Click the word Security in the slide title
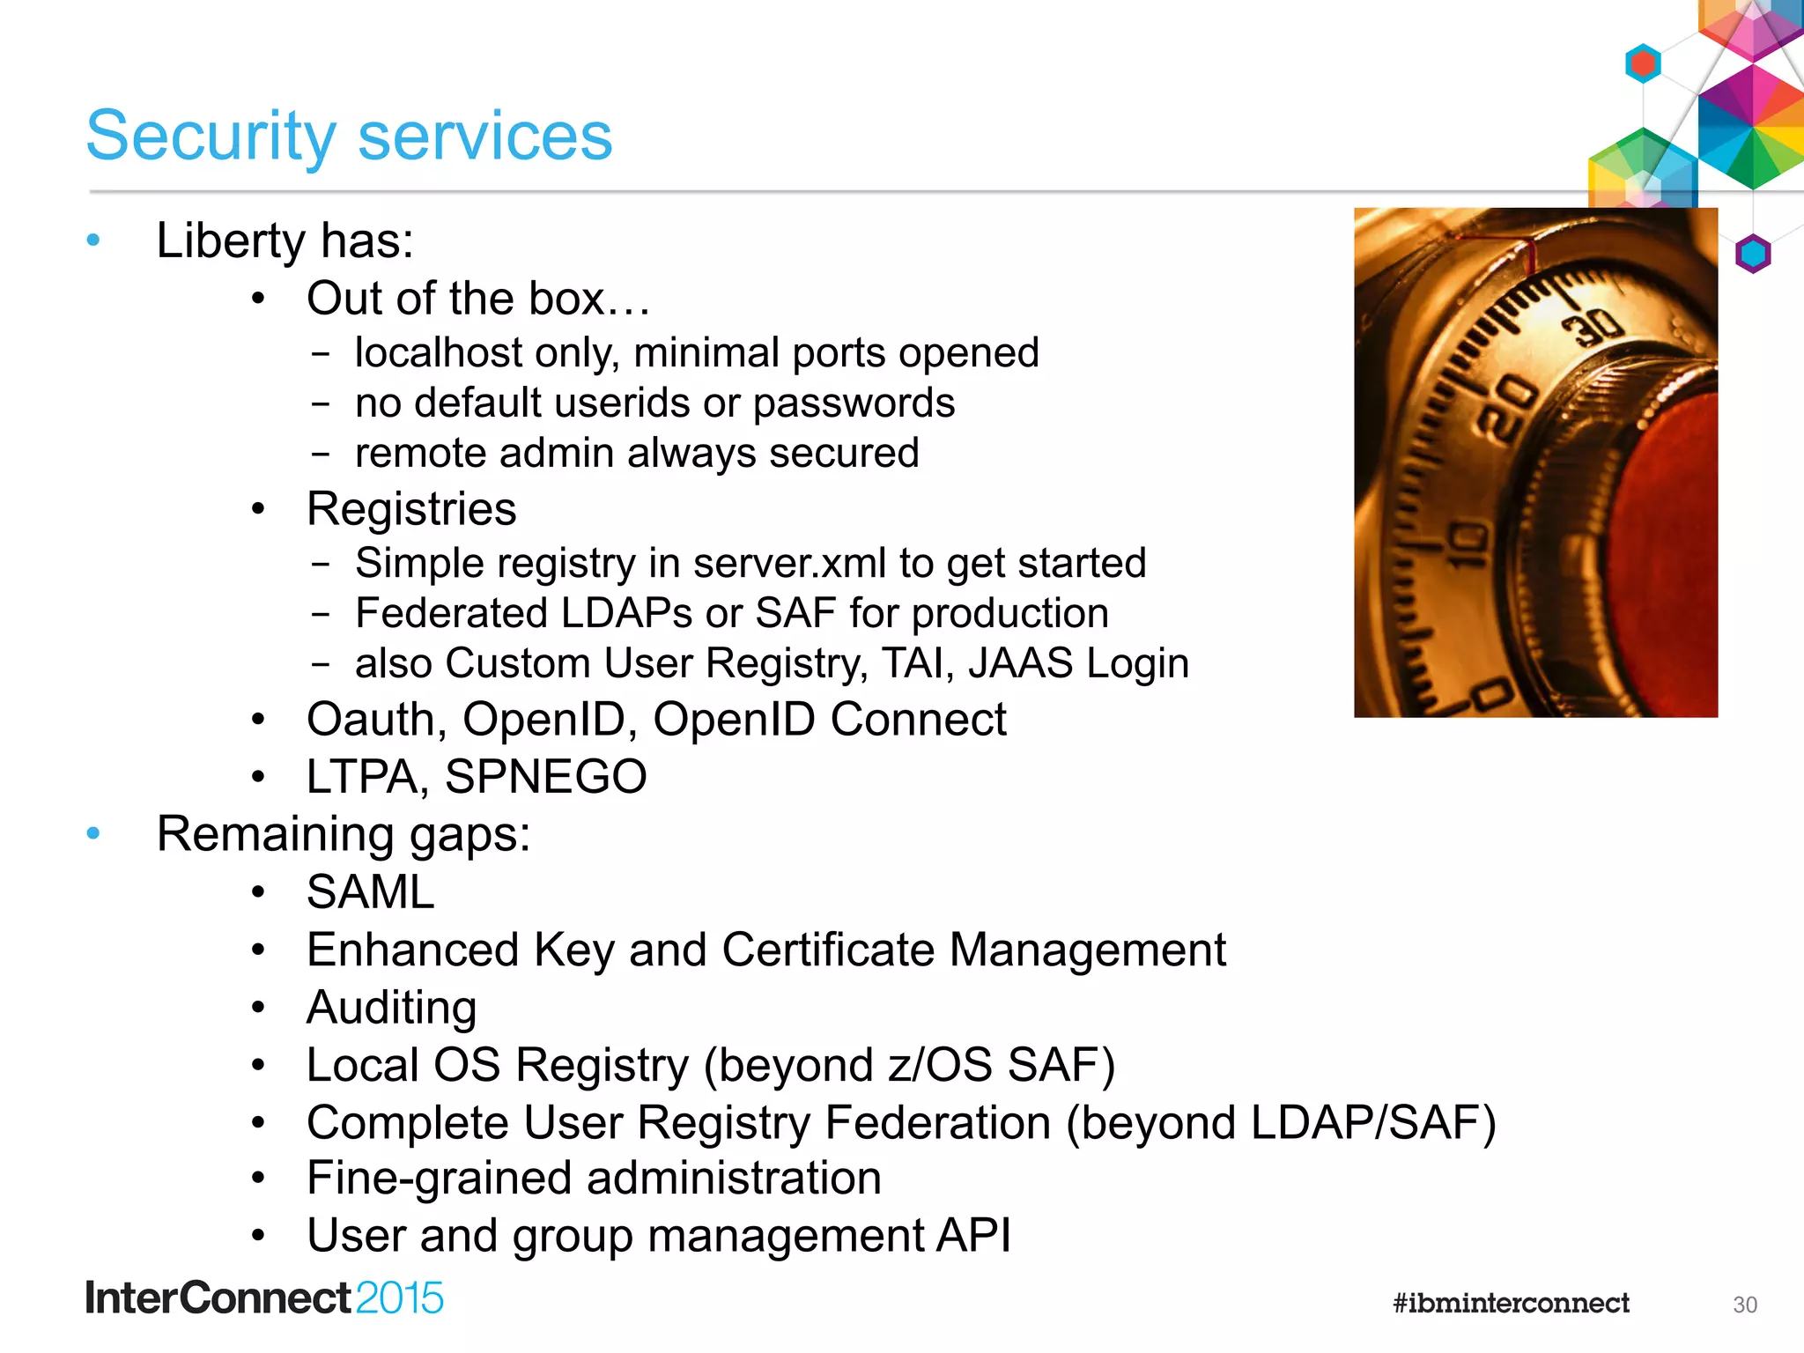(211, 137)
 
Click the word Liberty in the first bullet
(230, 240)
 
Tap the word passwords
(854, 403)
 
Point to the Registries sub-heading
(411, 509)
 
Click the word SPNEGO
(545, 777)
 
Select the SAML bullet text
(370, 891)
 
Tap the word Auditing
(391, 1008)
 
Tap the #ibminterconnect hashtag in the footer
(1511, 1303)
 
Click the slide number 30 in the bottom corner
(1744, 1305)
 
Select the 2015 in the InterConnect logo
(399, 1298)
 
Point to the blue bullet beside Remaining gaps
(94, 833)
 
